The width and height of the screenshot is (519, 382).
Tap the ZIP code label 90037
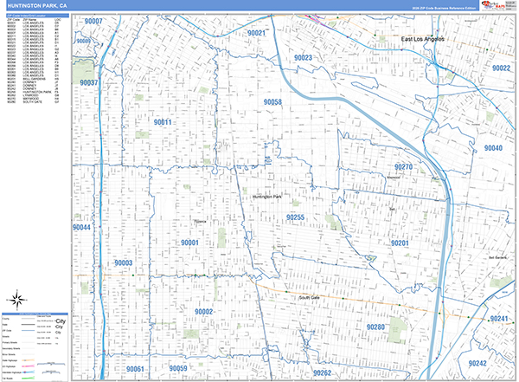coord(87,83)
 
